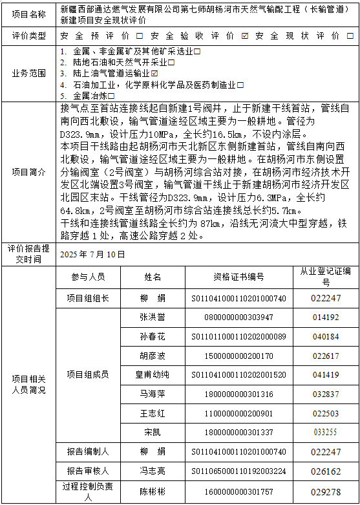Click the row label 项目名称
click(29, 14)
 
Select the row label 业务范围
click(29, 72)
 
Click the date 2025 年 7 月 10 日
click(92, 254)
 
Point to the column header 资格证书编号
click(238, 277)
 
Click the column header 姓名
click(153, 277)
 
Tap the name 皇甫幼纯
click(153, 374)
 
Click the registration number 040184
click(326, 336)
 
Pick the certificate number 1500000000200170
click(238, 356)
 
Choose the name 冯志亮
click(153, 471)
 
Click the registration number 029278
click(326, 491)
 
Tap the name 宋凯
click(153, 432)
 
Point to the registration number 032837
click(326, 394)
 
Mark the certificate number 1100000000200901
click(238, 413)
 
